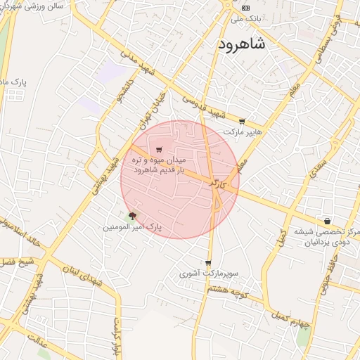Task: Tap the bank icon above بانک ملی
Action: [x=245, y=8]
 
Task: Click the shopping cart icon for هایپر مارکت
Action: [x=243, y=122]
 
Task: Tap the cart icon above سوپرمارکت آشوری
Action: [x=208, y=263]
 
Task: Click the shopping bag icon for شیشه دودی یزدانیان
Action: [x=327, y=221]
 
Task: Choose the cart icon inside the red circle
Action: [x=160, y=149]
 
